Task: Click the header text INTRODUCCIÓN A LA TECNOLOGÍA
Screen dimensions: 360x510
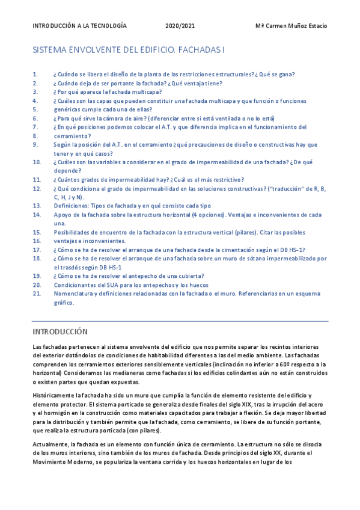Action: pos(79,26)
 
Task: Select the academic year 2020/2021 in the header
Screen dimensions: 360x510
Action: pos(180,26)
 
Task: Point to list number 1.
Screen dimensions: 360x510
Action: pos(35,75)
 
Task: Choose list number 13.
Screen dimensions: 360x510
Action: pos(37,206)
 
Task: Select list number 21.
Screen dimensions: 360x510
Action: pos(37,293)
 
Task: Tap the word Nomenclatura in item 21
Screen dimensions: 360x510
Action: pos(73,293)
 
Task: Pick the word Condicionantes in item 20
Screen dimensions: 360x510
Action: pos(75,284)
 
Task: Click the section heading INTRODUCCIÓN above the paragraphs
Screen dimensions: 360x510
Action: pos(60,331)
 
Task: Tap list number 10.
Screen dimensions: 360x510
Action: pos(37,162)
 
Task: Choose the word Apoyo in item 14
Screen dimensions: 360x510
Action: pos(62,215)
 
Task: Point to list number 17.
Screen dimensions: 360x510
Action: pos(37,250)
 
